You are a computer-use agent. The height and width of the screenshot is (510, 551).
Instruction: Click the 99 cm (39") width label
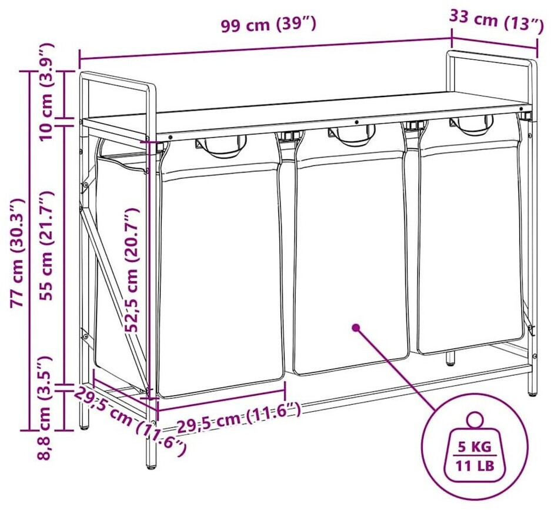point(269,25)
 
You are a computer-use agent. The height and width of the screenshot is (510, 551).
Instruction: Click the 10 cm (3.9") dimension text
point(46,91)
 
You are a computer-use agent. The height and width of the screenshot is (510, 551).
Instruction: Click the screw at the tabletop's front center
point(357,122)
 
